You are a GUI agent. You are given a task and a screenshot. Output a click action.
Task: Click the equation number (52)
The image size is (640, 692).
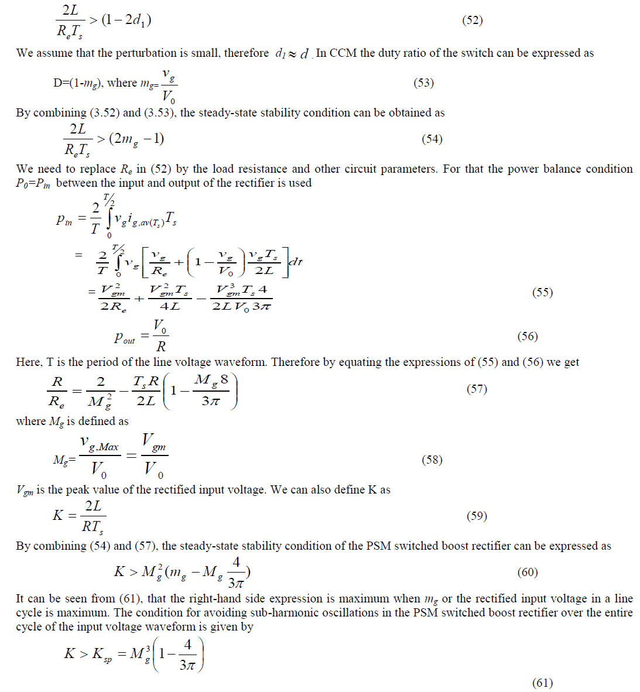pyautogui.click(x=473, y=20)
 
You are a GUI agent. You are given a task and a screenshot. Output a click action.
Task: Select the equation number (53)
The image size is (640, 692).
pyautogui.click(x=423, y=83)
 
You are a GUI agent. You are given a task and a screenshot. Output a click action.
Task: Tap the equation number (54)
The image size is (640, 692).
pyautogui.click(x=432, y=139)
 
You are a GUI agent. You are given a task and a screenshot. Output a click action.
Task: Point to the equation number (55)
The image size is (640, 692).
pyautogui.click(x=542, y=292)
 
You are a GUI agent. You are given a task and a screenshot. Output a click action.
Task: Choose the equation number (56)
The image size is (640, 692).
pyautogui.click(x=528, y=336)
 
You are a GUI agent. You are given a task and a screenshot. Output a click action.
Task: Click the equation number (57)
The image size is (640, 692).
pyautogui.click(x=477, y=389)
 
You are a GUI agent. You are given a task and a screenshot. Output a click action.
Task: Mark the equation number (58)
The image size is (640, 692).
pyautogui.click(x=432, y=460)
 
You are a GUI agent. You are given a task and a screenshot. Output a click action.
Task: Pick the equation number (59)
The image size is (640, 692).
pyautogui.click(x=477, y=516)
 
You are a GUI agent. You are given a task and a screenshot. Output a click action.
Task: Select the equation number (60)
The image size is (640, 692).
pyautogui.click(x=528, y=572)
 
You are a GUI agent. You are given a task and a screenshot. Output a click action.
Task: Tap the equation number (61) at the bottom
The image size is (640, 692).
pyautogui.click(x=542, y=683)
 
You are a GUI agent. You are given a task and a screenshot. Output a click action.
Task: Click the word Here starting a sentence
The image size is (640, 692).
pyautogui.click(x=28, y=362)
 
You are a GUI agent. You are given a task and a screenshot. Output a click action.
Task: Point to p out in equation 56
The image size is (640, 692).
pyautogui.click(x=124, y=337)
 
